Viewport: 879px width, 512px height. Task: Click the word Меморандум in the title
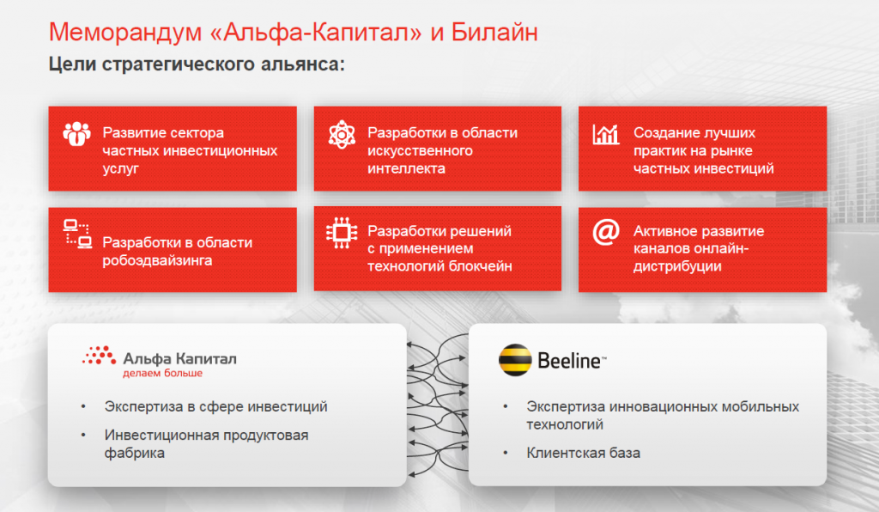pos(125,33)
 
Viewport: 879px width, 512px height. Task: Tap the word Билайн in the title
pos(494,33)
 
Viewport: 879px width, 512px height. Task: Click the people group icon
pos(76,134)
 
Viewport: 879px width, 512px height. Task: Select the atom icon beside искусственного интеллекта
pos(342,135)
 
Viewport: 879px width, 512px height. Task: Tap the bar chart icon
pos(606,134)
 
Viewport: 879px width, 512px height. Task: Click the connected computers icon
pos(77,234)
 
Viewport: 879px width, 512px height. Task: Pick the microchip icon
pos(342,233)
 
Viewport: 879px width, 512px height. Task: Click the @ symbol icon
pos(606,232)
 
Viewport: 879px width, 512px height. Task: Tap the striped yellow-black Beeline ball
pos(515,359)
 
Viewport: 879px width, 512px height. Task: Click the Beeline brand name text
pos(572,361)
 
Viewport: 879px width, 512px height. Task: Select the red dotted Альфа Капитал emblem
pos(100,356)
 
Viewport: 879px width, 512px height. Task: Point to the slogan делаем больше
pos(162,373)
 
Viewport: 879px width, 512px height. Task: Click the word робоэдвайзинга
pos(157,260)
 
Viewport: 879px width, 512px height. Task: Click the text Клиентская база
pos(583,453)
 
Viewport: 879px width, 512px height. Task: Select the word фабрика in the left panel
pos(135,453)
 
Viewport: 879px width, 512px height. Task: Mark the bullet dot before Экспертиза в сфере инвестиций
pos(83,406)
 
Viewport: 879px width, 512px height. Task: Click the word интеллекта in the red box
pos(406,168)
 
